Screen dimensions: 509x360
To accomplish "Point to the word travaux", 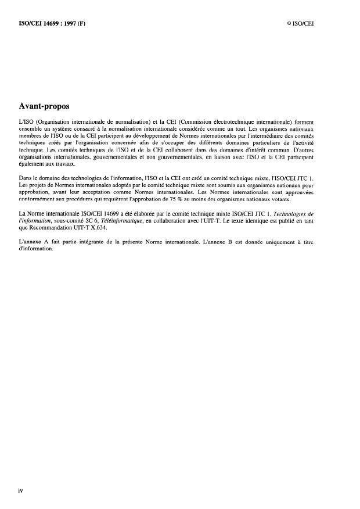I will pyautogui.click(x=72, y=163).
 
